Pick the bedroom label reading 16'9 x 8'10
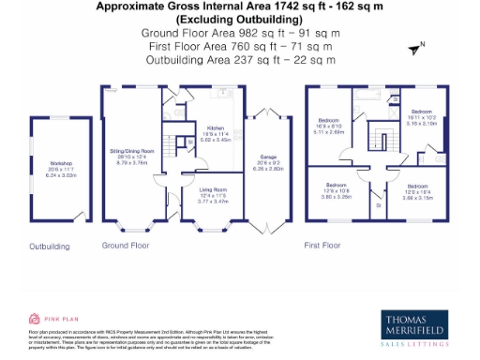pyautogui.click(x=331, y=127)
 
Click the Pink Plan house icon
pyautogui.click(x=35, y=318)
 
